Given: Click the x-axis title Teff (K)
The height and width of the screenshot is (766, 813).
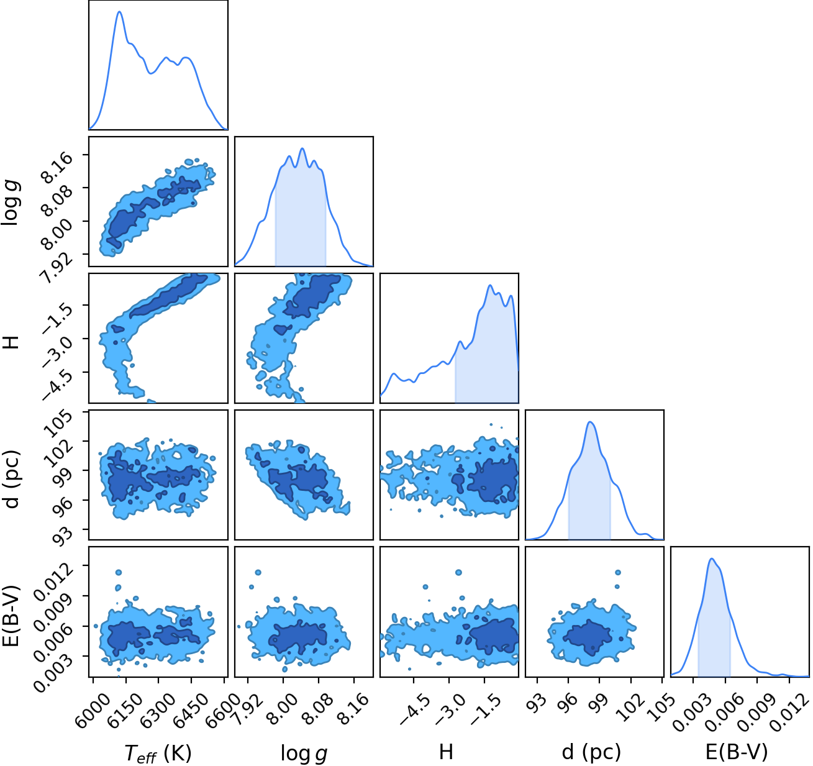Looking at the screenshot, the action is (x=158, y=753).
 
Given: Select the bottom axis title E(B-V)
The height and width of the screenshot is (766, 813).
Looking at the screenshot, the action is (x=737, y=752).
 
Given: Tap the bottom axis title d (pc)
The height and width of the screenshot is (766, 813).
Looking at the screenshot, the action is (x=591, y=752).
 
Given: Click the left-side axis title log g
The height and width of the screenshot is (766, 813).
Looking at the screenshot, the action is (x=11, y=203).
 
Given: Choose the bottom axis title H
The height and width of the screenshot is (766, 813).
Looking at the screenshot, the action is (x=446, y=752).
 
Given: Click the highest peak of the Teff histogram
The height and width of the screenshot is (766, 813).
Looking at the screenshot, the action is (x=119, y=11).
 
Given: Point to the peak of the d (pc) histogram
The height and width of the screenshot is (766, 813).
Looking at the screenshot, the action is (x=590, y=422).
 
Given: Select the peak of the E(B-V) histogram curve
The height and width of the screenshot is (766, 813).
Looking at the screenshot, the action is (x=712, y=559).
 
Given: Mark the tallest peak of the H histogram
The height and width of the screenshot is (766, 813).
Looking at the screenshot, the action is (x=489, y=285).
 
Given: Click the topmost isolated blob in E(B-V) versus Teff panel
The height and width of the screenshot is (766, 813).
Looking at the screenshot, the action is (x=119, y=572).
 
